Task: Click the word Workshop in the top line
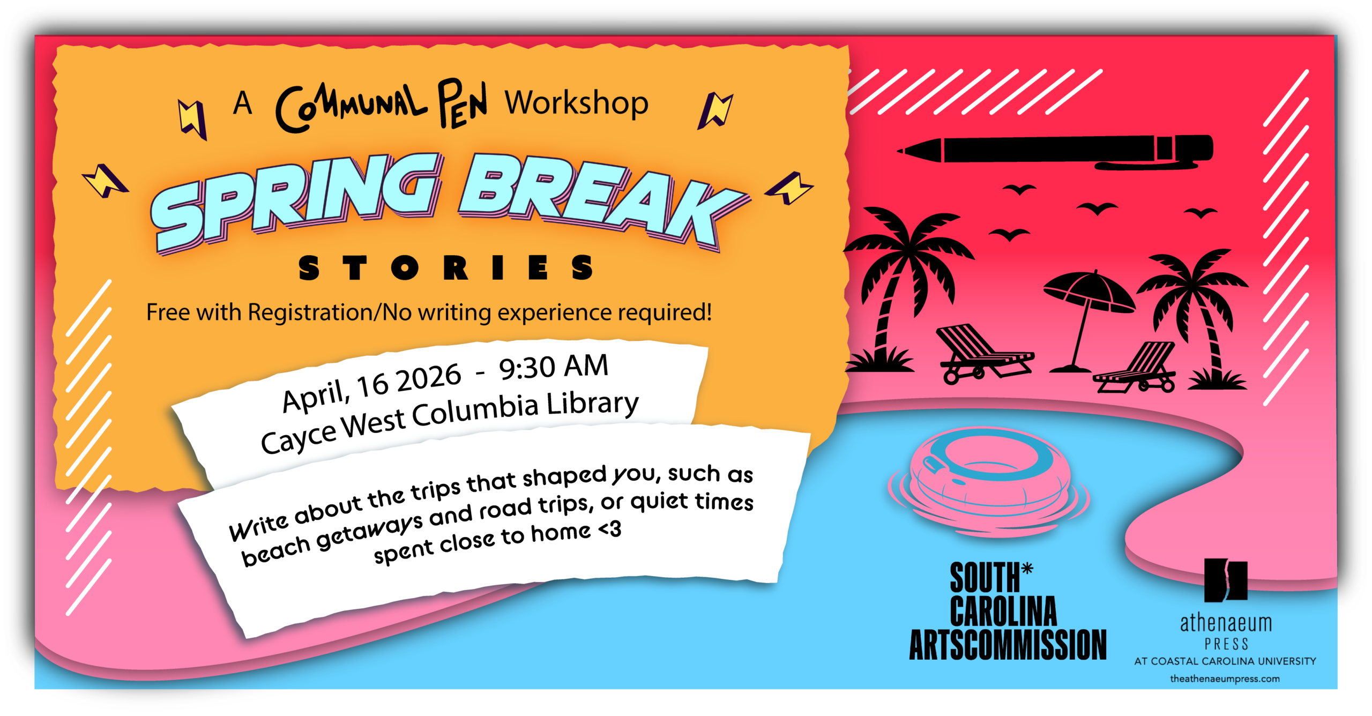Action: tap(577, 103)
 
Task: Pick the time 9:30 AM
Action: tap(554, 368)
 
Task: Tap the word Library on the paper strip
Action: tap(592, 405)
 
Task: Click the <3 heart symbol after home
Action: tap(610, 530)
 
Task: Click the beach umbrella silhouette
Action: tap(1088, 305)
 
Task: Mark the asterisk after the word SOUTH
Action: tap(1027, 569)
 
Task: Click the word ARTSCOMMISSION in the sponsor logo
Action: tap(1008, 645)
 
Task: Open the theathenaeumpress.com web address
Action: tap(1225, 679)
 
